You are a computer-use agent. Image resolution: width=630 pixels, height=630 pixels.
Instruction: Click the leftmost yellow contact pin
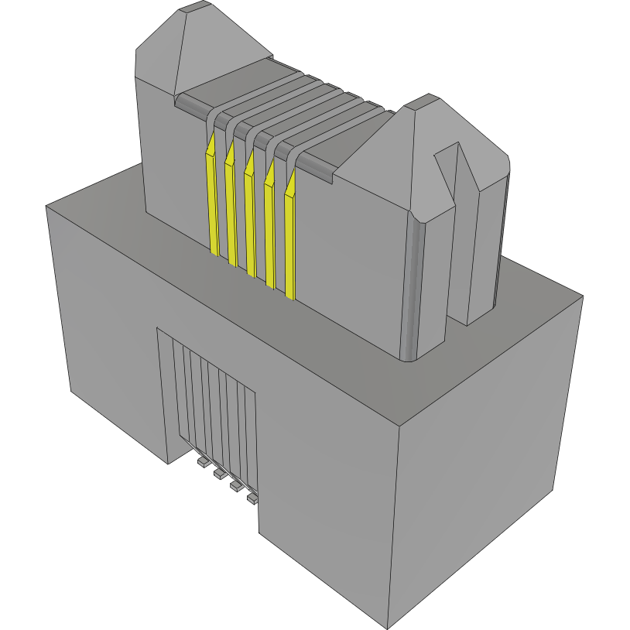point(211,201)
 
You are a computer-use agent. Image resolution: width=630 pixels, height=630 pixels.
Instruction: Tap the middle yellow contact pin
point(250,221)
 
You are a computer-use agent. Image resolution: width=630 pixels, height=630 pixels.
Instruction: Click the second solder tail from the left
point(218,473)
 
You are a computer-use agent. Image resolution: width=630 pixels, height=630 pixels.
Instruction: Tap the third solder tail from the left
point(235,486)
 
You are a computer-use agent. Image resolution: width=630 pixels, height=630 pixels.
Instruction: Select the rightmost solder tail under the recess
point(252,499)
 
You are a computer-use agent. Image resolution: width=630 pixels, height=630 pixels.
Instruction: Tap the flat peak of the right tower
point(426,101)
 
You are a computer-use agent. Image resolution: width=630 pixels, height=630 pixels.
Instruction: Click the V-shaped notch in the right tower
point(457,155)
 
